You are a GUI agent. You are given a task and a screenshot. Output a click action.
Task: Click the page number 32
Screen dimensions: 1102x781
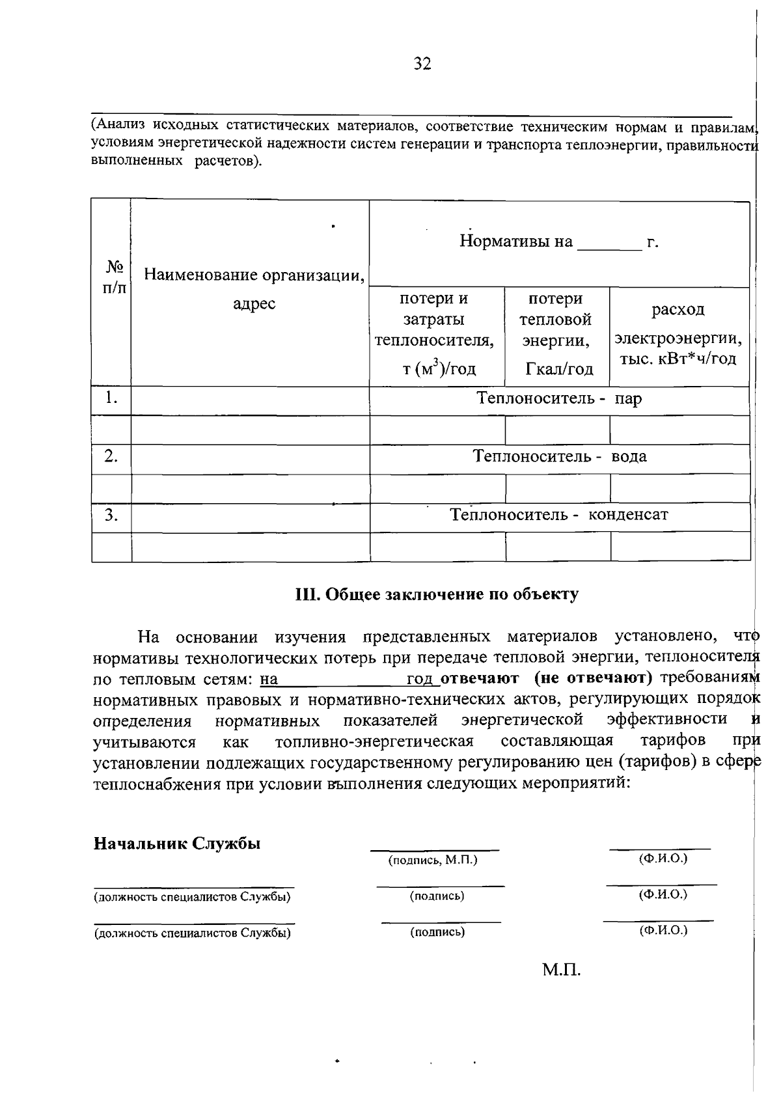click(x=422, y=64)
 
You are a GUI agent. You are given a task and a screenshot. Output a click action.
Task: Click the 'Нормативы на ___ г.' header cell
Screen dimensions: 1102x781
click(x=558, y=242)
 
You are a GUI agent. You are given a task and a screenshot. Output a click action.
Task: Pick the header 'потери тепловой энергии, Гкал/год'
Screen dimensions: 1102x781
click(x=558, y=334)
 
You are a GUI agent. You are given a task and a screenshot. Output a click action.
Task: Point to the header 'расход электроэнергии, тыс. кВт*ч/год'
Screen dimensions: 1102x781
click(x=678, y=334)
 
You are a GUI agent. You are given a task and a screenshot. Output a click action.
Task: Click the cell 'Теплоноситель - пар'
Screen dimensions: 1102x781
click(x=558, y=398)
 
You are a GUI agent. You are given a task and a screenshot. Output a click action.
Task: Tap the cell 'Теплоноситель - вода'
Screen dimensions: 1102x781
click(x=558, y=456)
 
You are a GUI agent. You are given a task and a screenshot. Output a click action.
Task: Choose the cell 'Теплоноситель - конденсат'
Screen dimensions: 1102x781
click(x=558, y=515)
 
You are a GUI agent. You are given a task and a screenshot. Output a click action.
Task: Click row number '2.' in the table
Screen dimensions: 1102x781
click(x=111, y=456)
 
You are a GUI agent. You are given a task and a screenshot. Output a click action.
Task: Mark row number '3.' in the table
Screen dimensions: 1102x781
click(x=111, y=515)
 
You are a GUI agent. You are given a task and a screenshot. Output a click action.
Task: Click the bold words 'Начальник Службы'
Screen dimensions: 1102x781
click(x=177, y=844)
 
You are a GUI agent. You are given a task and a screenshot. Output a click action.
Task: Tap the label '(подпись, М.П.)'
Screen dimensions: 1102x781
click(x=433, y=861)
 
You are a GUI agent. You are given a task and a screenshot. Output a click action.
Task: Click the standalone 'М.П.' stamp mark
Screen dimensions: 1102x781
click(x=561, y=971)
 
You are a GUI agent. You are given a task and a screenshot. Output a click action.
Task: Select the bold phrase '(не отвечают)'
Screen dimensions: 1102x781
click(x=593, y=678)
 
